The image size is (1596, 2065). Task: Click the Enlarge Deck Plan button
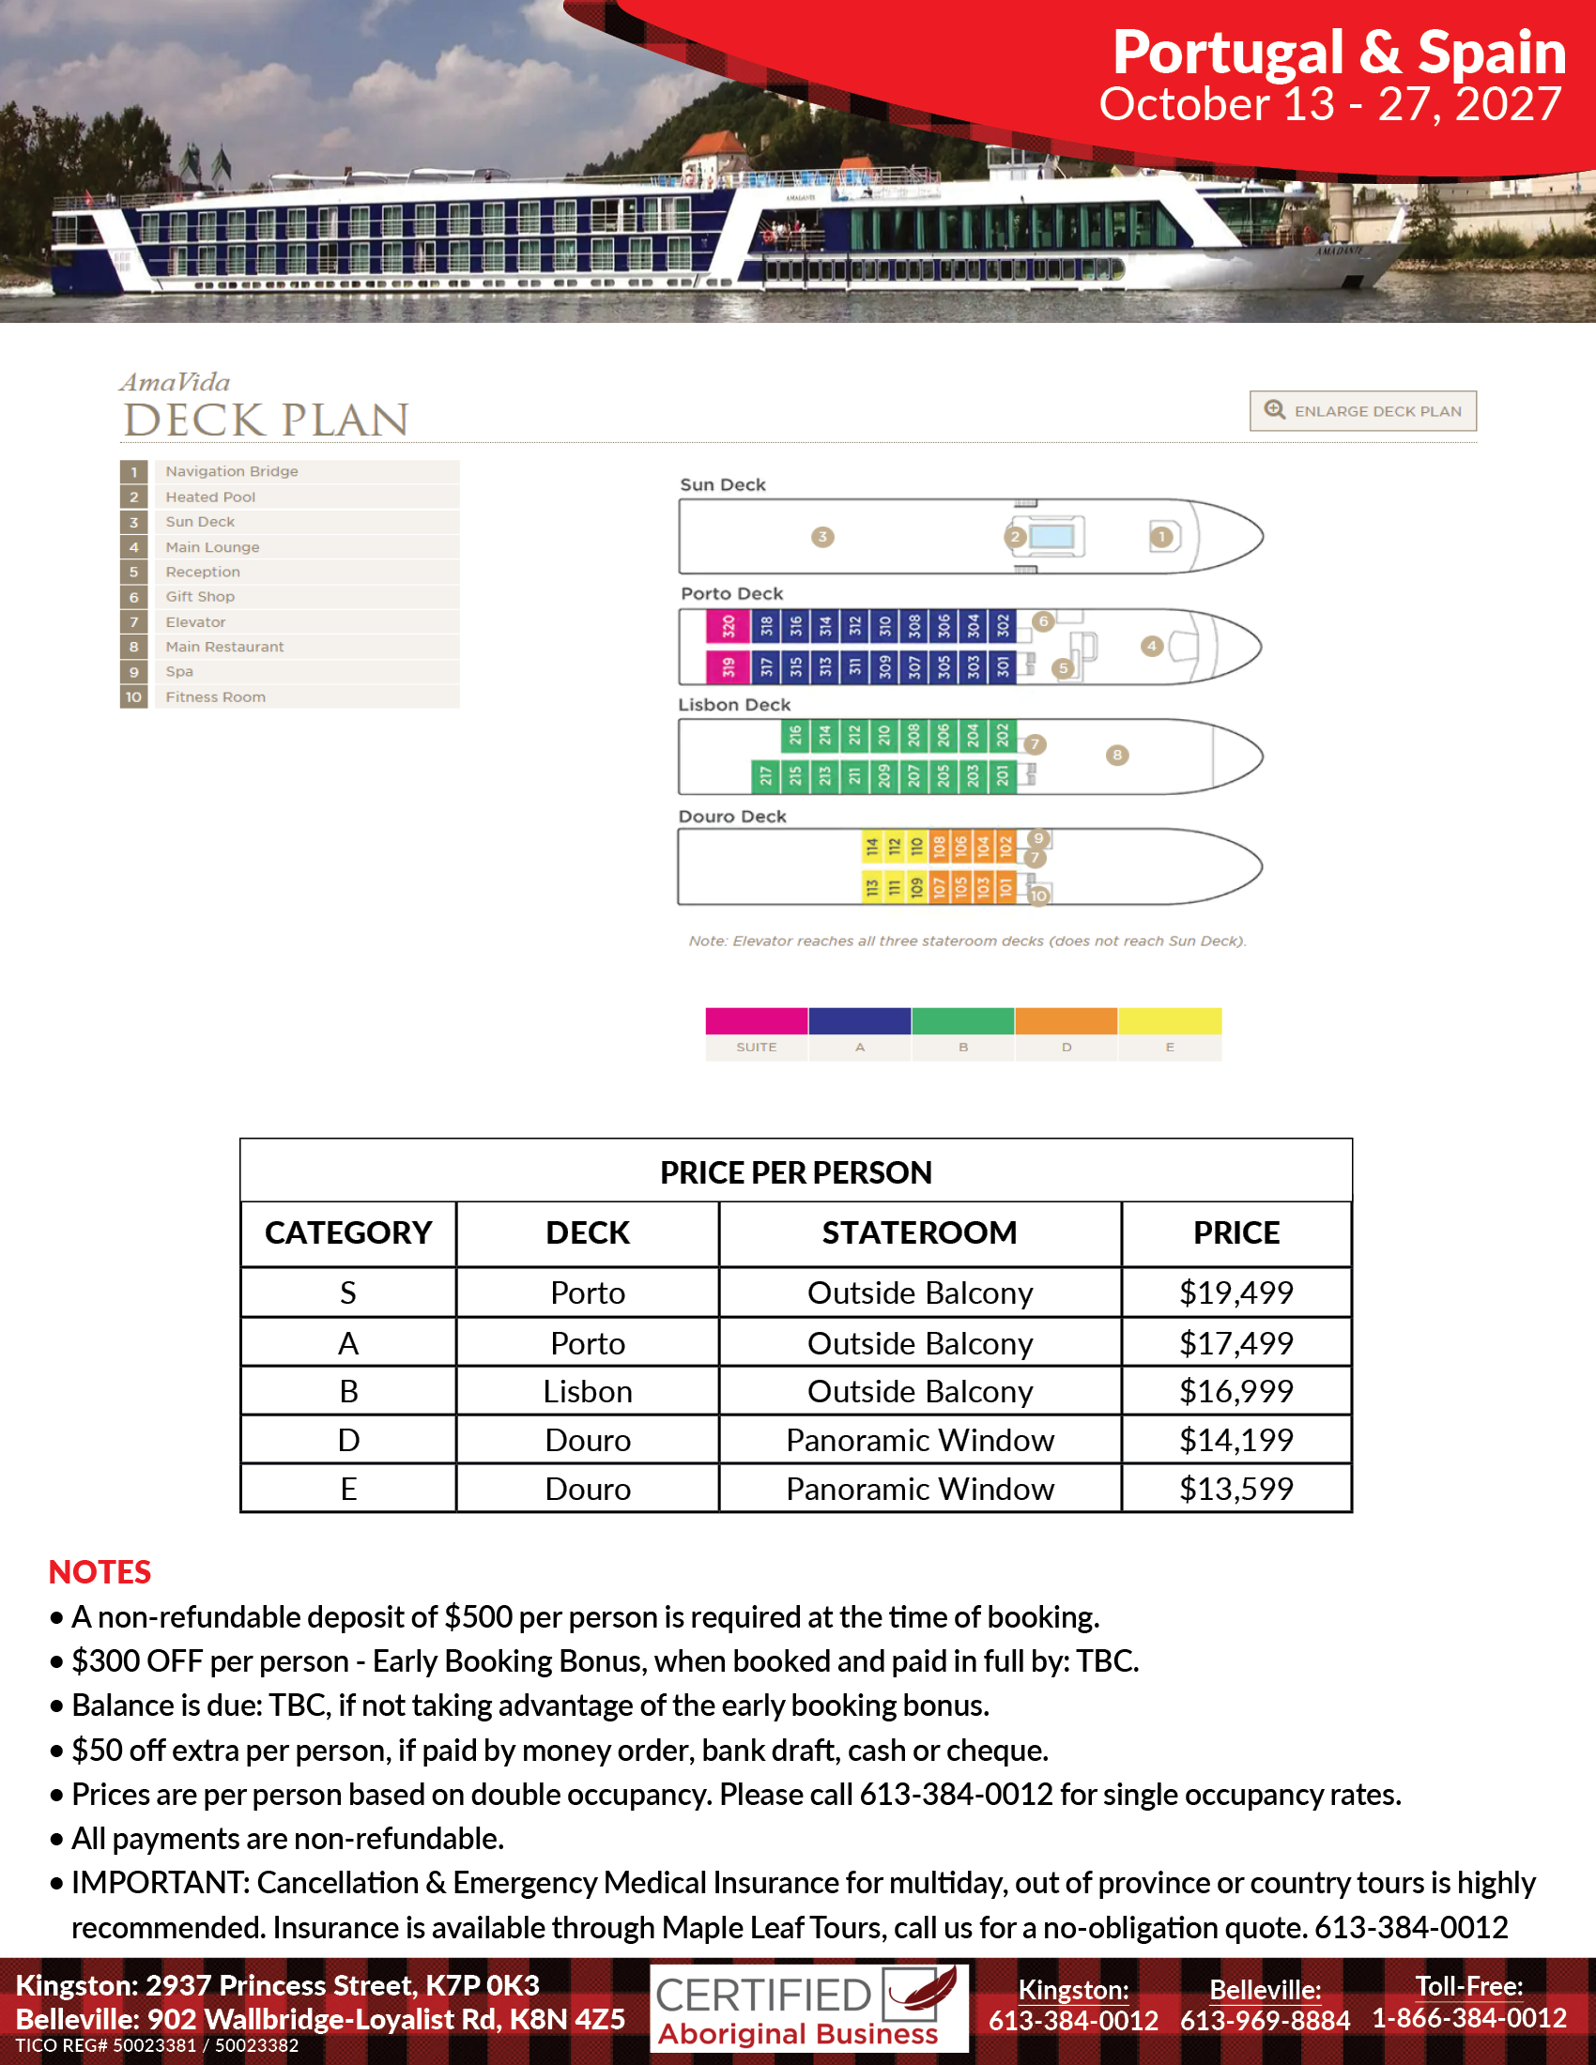coord(1362,411)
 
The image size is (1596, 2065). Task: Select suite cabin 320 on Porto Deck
coord(728,625)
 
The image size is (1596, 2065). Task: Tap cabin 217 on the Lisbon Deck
coord(765,776)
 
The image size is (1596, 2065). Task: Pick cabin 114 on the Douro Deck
coord(872,846)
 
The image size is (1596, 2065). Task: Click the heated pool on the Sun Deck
coord(1051,537)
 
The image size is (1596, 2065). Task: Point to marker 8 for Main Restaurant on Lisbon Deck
coord(1116,755)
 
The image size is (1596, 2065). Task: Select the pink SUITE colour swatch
coord(757,1021)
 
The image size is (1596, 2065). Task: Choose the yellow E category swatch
coord(1170,1021)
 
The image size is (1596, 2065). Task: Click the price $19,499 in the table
coord(1235,1293)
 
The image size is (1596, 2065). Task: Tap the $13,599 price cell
coord(1235,1490)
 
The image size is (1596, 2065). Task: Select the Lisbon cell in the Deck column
coord(587,1392)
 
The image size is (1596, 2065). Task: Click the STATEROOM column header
coord(919,1233)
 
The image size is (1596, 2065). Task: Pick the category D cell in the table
coord(348,1440)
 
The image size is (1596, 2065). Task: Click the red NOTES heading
coord(100,1571)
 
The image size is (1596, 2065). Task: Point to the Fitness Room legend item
coord(216,696)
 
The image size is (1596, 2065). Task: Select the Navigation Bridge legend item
coord(232,471)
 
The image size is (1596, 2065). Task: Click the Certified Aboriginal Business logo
coord(808,2009)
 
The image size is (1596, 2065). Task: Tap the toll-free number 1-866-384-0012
coord(1469,2018)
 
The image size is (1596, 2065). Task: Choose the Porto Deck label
coord(732,594)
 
